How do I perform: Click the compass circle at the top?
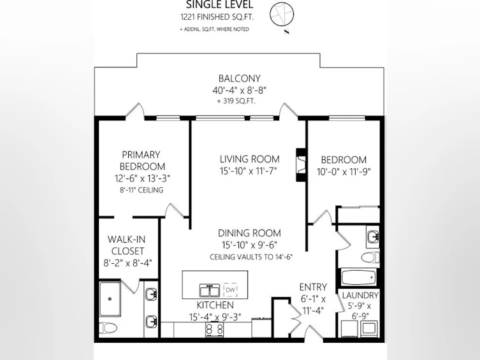[282, 3]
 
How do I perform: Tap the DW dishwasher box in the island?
[231, 290]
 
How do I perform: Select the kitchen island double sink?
[209, 291]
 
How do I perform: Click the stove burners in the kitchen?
[215, 329]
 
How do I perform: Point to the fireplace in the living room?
[302, 165]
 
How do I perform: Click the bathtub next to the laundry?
[358, 277]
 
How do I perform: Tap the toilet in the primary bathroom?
[108, 328]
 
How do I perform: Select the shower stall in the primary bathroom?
[110, 299]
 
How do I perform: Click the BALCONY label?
[240, 78]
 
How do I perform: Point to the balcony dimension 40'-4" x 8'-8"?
[240, 90]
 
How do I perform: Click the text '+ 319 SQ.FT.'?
[236, 101]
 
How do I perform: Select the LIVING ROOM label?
[250, 159]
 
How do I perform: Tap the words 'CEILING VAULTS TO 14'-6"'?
[251, 257]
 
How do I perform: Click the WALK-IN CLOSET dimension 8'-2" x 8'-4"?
[127, 263]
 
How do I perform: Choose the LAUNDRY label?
[360, 296]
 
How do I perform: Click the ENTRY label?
[313, 287]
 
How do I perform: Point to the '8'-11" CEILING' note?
[142, 190]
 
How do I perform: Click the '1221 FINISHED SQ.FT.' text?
[217, 17]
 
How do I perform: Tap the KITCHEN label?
[215, 305]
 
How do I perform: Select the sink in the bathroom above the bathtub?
[372, 237]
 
